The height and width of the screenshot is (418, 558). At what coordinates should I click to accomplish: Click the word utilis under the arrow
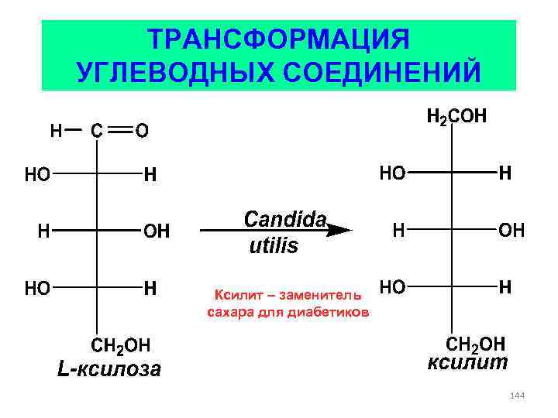(273, 247)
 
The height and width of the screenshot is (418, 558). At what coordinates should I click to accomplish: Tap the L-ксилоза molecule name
(109, 368)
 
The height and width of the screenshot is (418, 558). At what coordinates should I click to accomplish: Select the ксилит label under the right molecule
(468, 362)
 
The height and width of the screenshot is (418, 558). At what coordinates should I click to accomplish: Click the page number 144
(518, 396)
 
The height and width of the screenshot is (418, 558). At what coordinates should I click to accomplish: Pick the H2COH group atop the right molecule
(456, 117)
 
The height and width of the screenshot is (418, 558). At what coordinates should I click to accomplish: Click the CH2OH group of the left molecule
(121, 343)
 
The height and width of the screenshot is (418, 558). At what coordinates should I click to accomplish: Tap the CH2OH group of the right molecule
(474, 343)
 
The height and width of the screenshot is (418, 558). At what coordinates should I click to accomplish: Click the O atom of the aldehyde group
(142, 131)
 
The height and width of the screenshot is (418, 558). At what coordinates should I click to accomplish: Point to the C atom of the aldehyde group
(96, 131)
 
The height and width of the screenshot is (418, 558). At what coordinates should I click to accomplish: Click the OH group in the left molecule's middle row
(157, 231)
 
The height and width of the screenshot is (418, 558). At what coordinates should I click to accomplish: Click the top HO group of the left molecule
(37, 174)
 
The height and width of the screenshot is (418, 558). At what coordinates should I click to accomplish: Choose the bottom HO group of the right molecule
(392, 287)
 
